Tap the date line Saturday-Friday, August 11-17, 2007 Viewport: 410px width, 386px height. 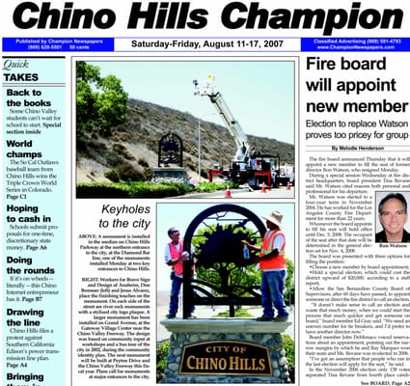(205, 43)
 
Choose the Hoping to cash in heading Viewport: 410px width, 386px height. (29, 213)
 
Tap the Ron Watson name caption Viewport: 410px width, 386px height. (392, 244)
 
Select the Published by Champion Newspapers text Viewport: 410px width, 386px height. (43, 41)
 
